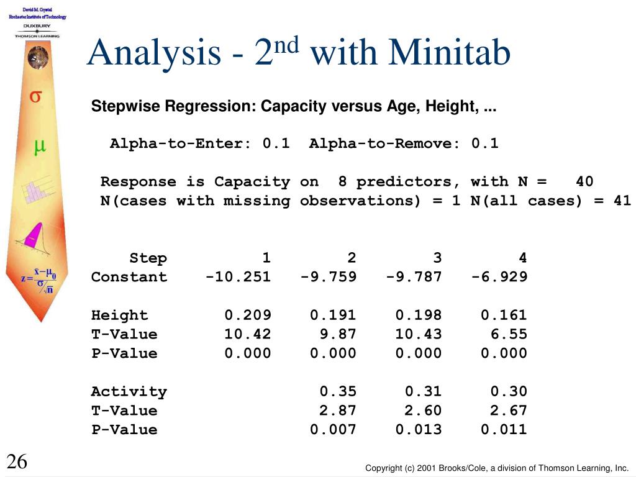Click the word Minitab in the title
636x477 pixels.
click(450, 53)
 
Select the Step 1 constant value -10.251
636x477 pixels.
click(238, 276)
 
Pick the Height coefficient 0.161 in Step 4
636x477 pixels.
click(504, 315)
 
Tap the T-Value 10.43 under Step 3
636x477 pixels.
click(419, 334)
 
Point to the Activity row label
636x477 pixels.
click(129, 391)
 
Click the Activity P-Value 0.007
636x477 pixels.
click(333, 429)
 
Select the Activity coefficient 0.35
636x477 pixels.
click(338, 391)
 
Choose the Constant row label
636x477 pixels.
click(129, 276)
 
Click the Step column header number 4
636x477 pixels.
click(523, 258)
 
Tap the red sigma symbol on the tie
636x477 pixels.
click(35, 96)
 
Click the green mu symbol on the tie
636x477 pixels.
click(39, 147)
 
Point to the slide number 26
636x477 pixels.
click(17, 461)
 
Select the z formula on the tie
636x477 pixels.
click(39, 280)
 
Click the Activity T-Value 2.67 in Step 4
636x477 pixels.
click(509, 410)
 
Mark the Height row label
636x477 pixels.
click(120, 315)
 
